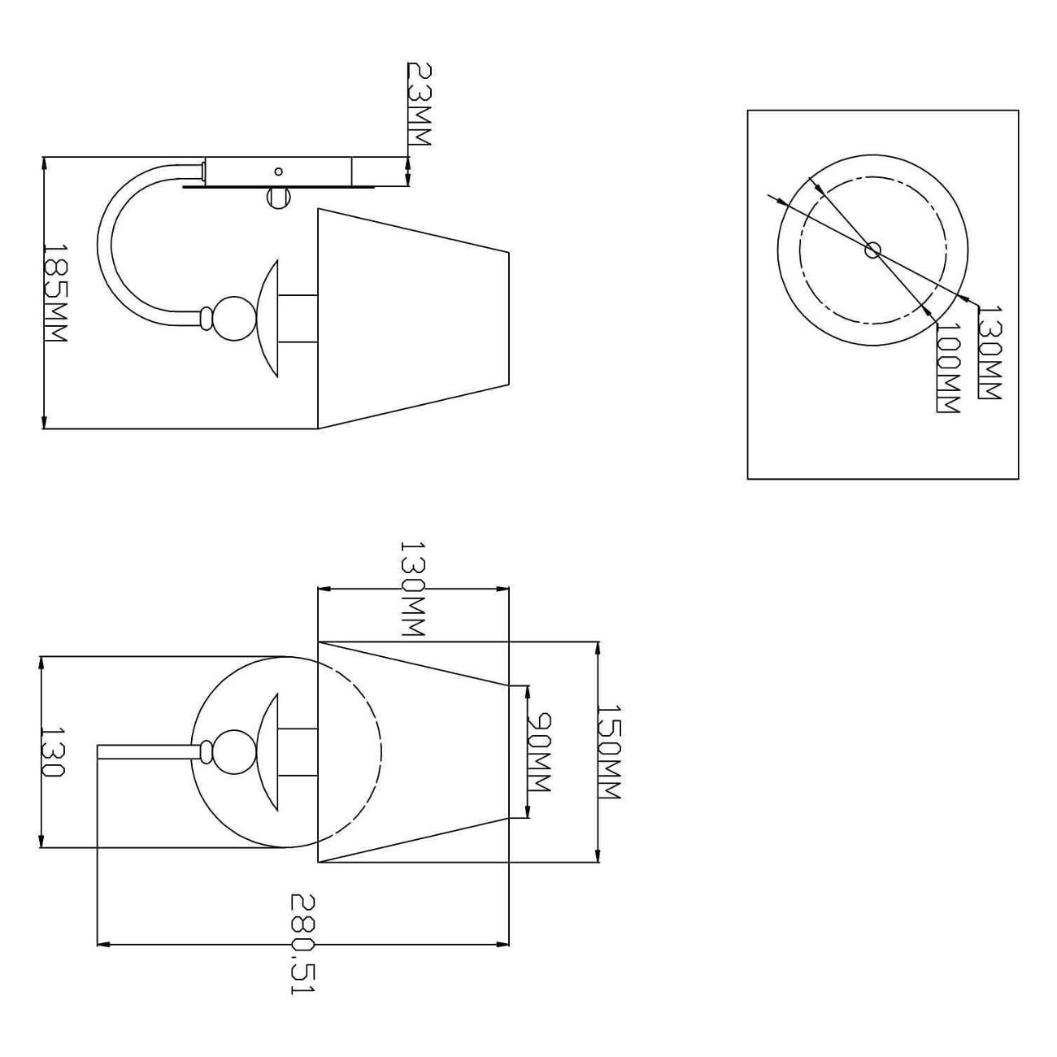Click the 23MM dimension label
coord(419,104)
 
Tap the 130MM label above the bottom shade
coord(412,589)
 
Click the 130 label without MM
coord(53,752)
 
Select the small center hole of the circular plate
coord(872,250)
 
